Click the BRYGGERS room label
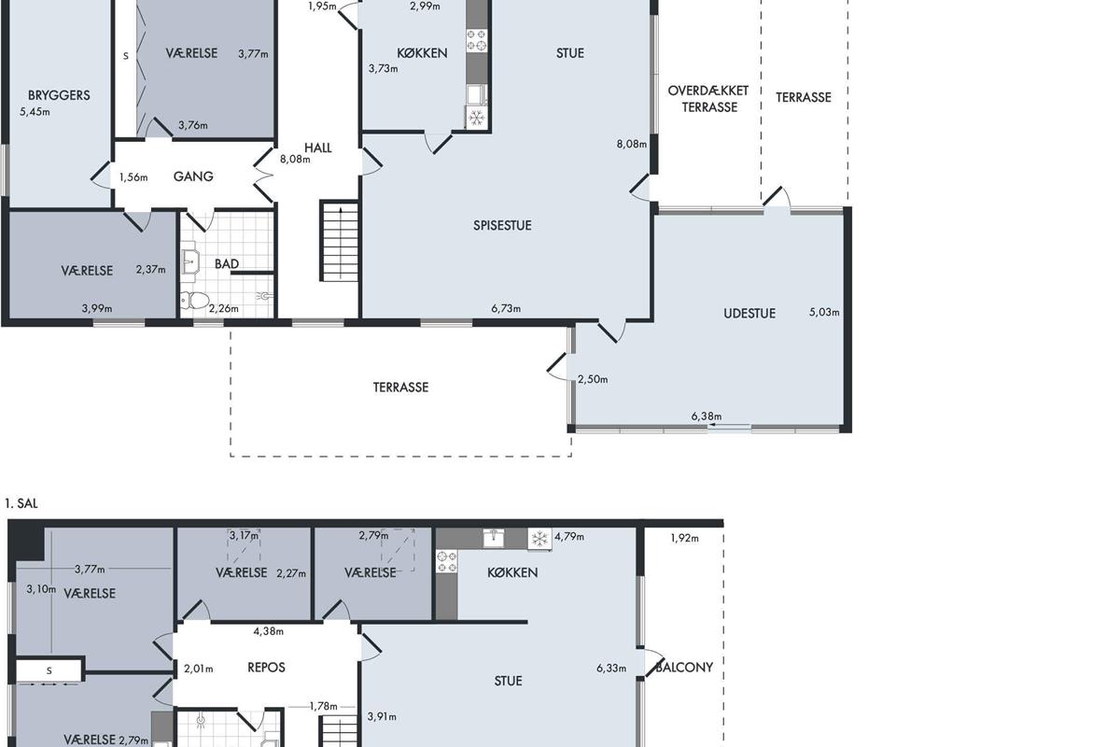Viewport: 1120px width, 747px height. point(59,95)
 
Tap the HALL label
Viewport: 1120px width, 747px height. point(318,148)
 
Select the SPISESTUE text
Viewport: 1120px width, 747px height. point(502,226)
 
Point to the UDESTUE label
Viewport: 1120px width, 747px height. point(749,314)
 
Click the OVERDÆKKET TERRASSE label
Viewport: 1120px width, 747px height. point(708,99)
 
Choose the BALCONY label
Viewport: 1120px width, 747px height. point(684,668)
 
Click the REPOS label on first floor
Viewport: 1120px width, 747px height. point(267,668)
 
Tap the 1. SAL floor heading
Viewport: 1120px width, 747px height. point(21,503)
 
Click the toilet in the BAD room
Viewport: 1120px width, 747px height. point(194,301)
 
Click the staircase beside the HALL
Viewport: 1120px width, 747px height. point(340,241)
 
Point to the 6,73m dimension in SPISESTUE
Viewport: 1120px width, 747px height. point(506,309)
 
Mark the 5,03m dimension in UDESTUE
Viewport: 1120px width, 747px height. point(824,312)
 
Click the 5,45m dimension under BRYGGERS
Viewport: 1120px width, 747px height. point(35,112)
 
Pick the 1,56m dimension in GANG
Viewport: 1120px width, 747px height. point(133,177)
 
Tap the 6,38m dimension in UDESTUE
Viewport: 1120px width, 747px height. point(707,416)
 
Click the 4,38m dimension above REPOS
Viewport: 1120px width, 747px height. point(269,631)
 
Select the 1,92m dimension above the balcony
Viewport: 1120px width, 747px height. point(684,539)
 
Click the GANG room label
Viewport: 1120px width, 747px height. point(193,176)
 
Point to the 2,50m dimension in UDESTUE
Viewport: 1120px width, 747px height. point(593,379)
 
